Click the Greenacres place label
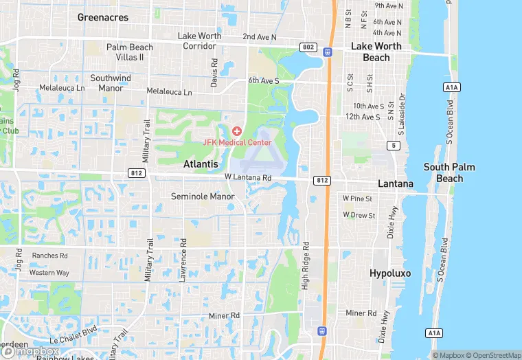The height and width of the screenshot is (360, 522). tap(103, 17)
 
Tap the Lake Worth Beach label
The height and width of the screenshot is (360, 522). tap(376, 52)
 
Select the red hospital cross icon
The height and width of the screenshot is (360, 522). tap(237, 131)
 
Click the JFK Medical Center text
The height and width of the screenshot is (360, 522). tap(237, 142)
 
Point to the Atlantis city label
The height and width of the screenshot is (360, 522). tap(201, 164)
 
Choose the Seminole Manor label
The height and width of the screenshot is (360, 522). tap(203, 196)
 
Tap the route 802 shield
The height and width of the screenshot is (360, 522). tap(308, 47)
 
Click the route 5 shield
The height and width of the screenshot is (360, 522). tap(394, 145)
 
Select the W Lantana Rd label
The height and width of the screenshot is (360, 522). tap(248, 177)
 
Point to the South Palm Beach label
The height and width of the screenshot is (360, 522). tap(449, 172)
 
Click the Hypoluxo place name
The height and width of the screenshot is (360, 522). tap(390, 273)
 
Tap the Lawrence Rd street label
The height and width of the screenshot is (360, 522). tap(183, 260)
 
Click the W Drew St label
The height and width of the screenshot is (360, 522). tap(359, 215)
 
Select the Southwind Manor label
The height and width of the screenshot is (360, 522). tap(111, 83)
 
